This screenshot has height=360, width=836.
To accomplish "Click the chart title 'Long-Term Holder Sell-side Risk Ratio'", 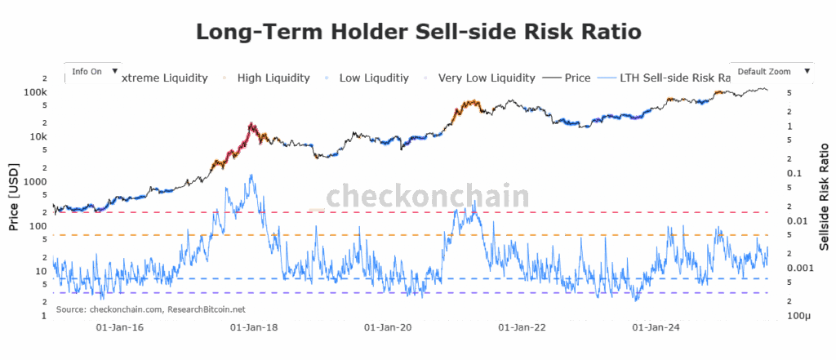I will [418, 32].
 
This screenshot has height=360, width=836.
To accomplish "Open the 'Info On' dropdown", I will [95, 72].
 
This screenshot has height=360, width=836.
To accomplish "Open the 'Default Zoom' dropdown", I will [773, 72].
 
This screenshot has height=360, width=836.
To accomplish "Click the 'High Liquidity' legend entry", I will [273, 78].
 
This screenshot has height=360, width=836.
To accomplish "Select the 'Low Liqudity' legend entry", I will [374, 78].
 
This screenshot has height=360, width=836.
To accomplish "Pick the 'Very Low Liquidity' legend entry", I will [486, 78].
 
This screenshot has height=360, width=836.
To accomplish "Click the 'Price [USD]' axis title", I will [14, 197].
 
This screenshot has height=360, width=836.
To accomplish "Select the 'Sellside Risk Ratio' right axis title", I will [823, 197].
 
